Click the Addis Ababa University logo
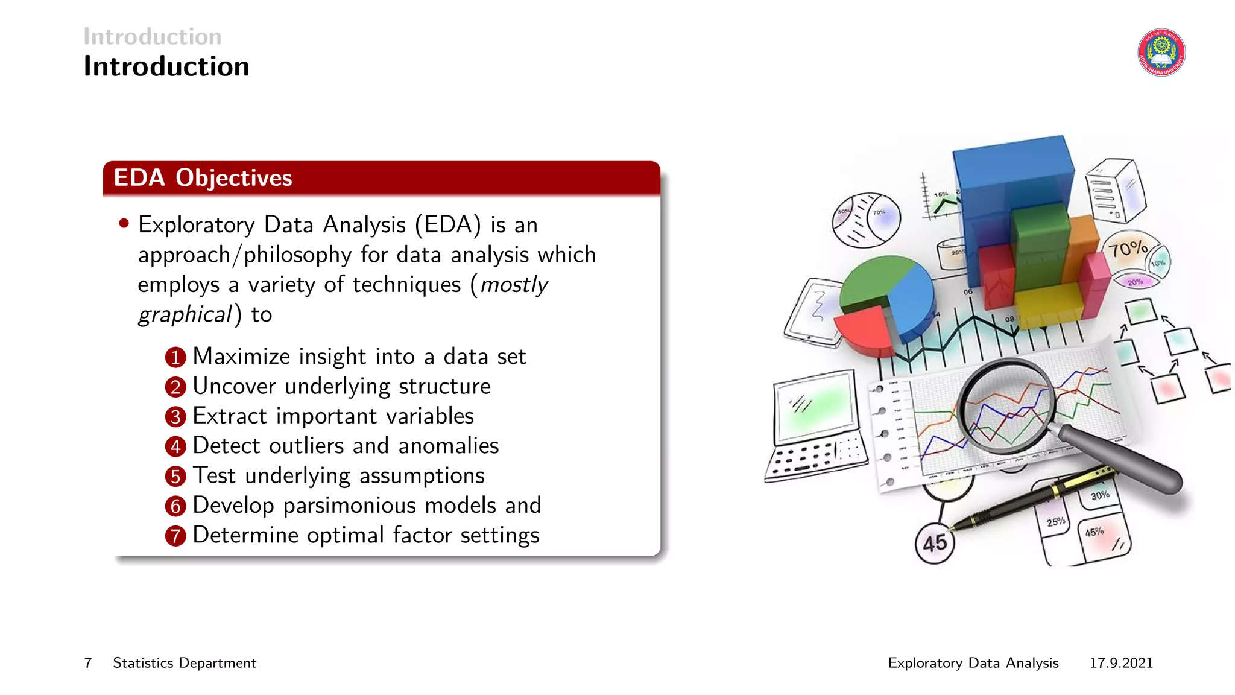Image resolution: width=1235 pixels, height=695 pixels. [1161, 52]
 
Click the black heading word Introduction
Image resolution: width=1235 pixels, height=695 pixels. [166, 66]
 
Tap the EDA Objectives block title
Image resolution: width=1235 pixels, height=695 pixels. [203, 178]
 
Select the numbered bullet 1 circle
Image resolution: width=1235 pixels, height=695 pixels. [175, 357]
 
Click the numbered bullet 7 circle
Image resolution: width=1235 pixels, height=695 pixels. [175, 536]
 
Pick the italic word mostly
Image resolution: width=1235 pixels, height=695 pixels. [514, 284]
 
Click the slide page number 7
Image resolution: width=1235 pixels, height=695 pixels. [88, 663]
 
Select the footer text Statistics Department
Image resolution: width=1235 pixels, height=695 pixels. [185, 663]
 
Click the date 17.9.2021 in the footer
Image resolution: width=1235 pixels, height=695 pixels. [1120, 663]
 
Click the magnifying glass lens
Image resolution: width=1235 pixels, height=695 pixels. [1006, 405]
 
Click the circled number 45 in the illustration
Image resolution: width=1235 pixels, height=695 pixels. [934, 544]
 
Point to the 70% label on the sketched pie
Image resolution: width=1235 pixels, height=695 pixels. [1127, 248]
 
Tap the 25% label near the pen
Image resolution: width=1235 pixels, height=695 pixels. [1055, 522]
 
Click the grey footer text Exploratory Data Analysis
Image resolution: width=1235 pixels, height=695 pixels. [973, 663]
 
